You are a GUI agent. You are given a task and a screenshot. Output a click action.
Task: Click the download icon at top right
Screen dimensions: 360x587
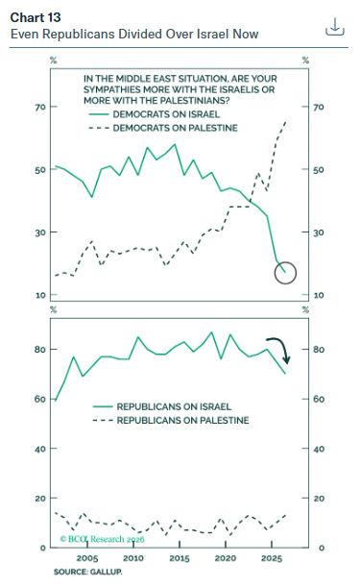[334, 27]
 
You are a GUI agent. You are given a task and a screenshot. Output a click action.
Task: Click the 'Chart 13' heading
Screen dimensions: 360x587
[36, 17]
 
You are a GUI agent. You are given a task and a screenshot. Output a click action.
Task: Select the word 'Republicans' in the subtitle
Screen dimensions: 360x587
[78, 34]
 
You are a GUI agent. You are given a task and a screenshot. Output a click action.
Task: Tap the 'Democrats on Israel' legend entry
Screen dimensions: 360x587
[155, 114]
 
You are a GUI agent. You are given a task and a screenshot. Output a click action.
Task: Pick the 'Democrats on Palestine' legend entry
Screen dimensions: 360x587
[163, 128]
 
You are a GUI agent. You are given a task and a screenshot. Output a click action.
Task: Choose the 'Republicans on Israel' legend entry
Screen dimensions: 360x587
[162, 406]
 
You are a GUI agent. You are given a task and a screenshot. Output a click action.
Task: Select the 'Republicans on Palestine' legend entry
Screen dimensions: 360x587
[171, 421]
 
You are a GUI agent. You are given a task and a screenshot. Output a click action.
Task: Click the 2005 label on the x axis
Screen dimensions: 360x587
[87, 558]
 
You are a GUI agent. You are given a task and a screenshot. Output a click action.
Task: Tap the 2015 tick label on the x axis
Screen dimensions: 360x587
[180, 558]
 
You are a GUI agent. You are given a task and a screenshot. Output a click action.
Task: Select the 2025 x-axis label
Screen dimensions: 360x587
[272, 558]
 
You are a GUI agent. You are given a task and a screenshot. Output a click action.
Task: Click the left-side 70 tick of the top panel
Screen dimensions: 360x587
[40, 107]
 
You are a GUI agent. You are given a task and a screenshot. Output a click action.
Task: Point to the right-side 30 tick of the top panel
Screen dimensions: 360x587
[319, 232]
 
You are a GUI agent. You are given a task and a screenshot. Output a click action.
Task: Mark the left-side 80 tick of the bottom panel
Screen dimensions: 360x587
[40, 350]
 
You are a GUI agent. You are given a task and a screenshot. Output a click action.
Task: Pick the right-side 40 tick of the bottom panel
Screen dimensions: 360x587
[319, 449]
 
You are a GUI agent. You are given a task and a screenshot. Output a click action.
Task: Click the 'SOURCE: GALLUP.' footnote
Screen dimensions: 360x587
[88, 572]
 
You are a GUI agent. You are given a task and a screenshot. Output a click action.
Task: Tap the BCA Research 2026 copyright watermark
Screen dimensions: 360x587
[102, 539]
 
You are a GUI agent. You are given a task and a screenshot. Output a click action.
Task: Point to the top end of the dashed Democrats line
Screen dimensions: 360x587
[285, 122]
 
